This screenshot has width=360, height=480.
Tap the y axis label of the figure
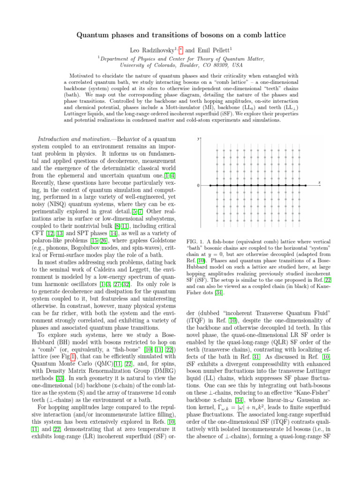(x=199, y=138)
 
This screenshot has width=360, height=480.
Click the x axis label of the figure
(x=319, y=182)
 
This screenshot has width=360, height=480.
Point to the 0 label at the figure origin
(x=198, y=186)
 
